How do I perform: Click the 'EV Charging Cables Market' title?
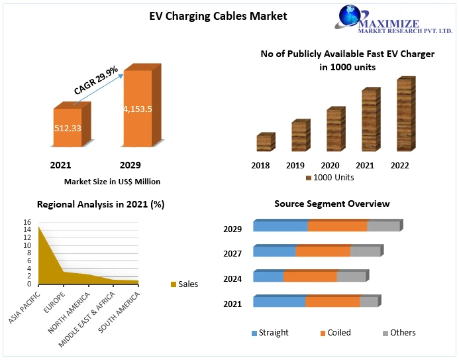pos(219,16)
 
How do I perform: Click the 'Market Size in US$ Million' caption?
pos(112,181)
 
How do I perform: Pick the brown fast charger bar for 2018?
pos(265,143)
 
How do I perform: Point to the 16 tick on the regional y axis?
pos(27,222)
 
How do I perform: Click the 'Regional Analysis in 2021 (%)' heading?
pos(101,205)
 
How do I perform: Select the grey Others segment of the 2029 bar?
pos(383,226)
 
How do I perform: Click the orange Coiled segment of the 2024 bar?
pos(310,276)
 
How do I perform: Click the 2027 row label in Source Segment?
pos(232,254)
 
